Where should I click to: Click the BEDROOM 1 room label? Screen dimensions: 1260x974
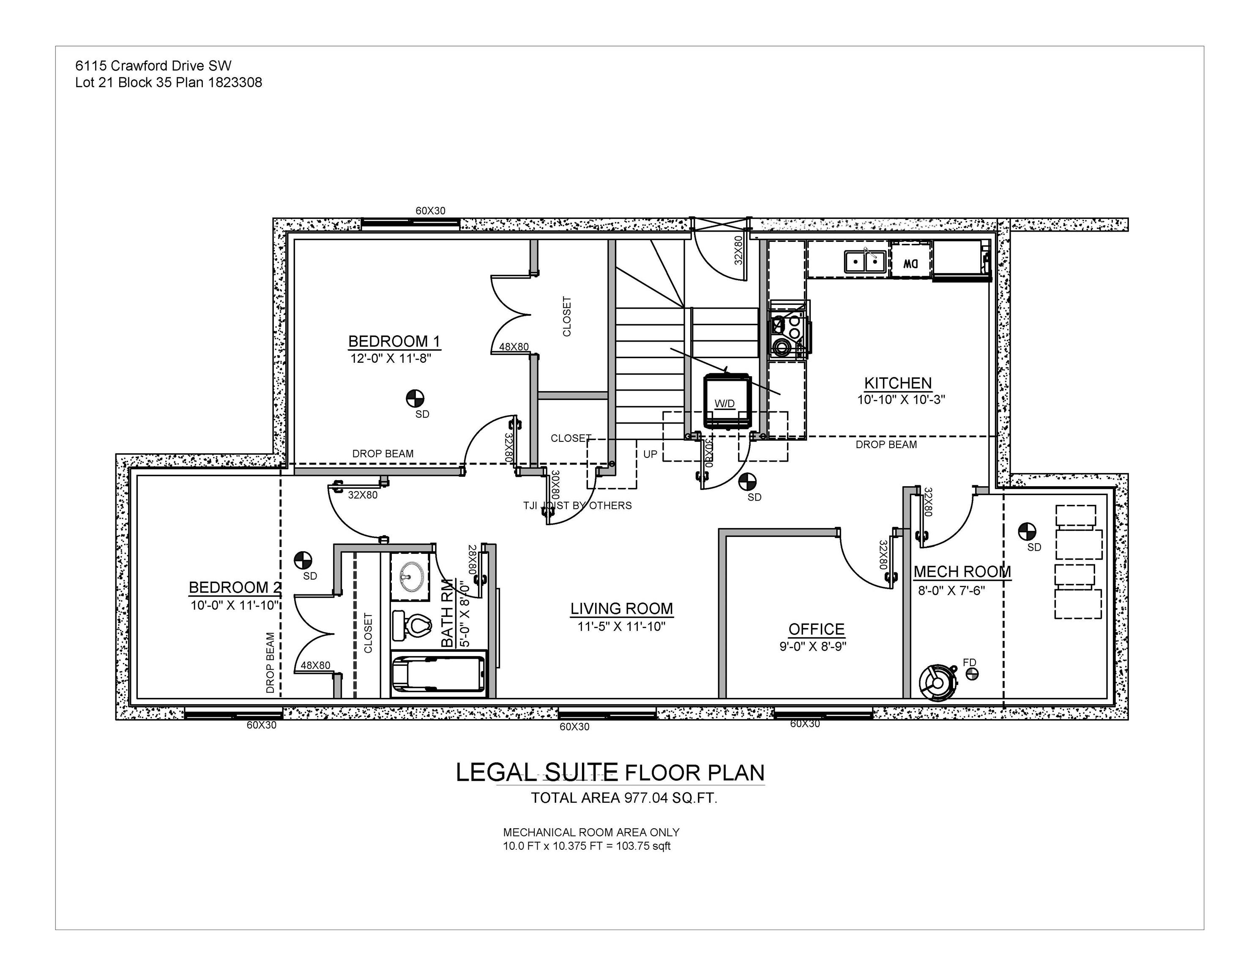pos(394,341)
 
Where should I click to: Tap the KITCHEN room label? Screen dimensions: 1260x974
pos(898,383)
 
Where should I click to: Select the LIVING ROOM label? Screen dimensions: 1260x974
pos(621,609)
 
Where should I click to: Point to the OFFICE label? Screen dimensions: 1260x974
pos(816,629)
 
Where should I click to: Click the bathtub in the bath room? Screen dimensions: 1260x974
pos(438,674)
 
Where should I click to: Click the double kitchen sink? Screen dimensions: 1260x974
pos(865,261)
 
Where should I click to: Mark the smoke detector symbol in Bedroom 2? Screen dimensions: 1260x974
pos(303,560)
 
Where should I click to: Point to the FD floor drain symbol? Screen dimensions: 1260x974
pos(972,674)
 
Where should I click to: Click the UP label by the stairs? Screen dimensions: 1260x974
pos(650,454)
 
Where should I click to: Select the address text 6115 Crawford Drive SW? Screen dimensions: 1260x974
pos(153,66)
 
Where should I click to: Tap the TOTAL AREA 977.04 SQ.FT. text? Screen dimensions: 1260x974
pos(623,798)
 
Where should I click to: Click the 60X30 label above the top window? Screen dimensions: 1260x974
pos(430,211)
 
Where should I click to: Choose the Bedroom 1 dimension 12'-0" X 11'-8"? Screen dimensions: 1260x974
pos(391,358)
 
